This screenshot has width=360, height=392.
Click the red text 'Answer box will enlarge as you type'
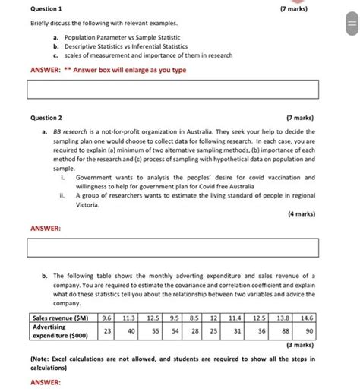pyautogui.click(x=130, y=70)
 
